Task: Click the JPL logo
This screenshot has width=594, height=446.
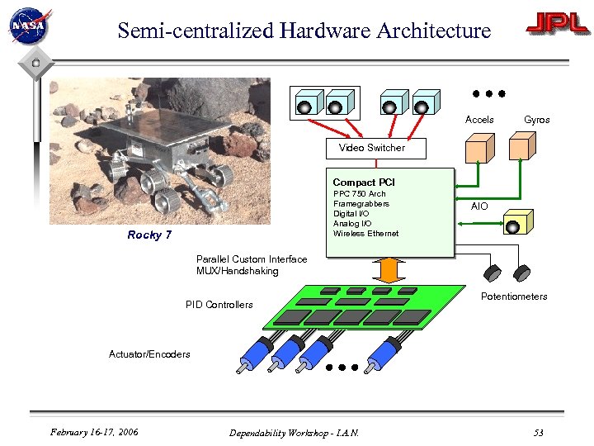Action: pyautogui.click(x=558, y=25)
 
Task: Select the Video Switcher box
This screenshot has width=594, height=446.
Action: pyautogui.click(x=372, y=148)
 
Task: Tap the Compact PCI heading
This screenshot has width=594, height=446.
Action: pyautogui.click(x=364, y=183)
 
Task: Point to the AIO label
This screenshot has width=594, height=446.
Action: pyautogui.click(x=479, y=206)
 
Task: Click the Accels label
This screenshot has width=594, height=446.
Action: pyautogui.click(x=479, y=120)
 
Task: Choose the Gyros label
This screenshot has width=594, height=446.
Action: pyautogui.click(x=536, y=120)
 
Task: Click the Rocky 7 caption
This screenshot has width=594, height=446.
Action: pyautogui.click(x=149, y=235)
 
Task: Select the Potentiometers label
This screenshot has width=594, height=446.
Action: pyautogui.click(x=514, y=297)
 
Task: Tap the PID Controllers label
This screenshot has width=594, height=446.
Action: pyautogui.click(x=219, y=305)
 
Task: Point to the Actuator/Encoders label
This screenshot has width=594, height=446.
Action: pyautogui.click(x=149, y=354)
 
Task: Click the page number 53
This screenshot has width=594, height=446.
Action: pyautogui.click(x=538, y=433)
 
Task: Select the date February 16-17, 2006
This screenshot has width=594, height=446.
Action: pyautogui.click(x=94, y=432)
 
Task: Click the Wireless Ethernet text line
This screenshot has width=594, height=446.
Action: pyautogui.click(x=365, y=234)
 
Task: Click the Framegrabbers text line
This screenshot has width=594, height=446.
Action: pyautogui.click(x=361, y=204)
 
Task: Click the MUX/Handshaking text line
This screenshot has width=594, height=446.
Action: pyautogui.click(x=238, y=271)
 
